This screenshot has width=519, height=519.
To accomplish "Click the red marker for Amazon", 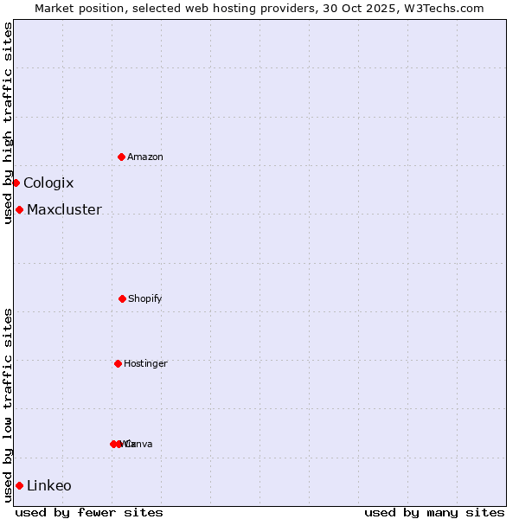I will pyautogui.click(x=121, y=157).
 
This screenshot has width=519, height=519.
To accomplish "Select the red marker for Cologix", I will pyautogui.click(x=16, y=183).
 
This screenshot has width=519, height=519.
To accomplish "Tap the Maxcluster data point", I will pyautogui.click(x=19, y=209).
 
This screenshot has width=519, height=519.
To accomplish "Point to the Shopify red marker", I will pyautogui.click(x=122, y=298).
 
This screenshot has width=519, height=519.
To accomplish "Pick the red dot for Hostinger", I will pyautogui.click(x=118, y=363).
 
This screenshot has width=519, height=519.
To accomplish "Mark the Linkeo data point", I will pyautogui.click(x=19, y=485).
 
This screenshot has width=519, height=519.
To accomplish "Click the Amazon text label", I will pyautogui.click(x=145, y=157).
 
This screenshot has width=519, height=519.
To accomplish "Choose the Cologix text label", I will pyautogui.click(x=48, y=183).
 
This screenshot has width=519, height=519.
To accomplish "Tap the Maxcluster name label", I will pyautogui.click(x=64, y=209).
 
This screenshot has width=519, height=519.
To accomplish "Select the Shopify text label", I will pyautogui.click(x=145, y=298).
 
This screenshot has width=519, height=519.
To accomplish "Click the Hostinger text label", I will pyautogui.click(x=145, y=363).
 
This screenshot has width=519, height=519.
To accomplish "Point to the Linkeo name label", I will pyautogui.click(x=49, y=485).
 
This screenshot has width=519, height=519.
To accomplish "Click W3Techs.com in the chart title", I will pyautogui.click(x=443, y=8).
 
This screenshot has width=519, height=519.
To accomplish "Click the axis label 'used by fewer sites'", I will pyautogui.click(x=89, y=512).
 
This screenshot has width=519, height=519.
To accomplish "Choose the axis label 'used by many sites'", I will pyautogui.click(x=434, y=512).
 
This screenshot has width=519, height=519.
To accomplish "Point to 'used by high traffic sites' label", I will pyautogui.click(x=8, y=123).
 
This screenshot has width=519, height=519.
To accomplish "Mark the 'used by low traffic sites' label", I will pyautogui.click(x=8, y=405).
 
